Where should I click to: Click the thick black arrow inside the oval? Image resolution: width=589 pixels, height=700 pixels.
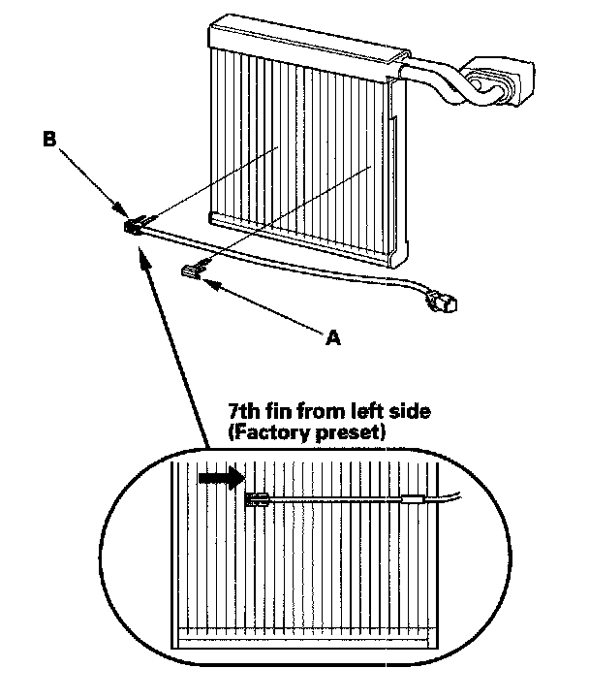[217, 478]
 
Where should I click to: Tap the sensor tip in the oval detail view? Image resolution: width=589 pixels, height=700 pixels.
[258, 500]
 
